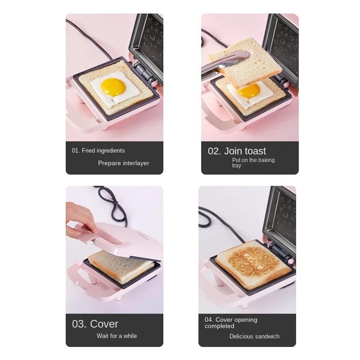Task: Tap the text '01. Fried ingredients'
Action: tap(99, 151)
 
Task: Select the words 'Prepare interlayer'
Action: tap(124, 163)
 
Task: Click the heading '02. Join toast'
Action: tap(237, 151)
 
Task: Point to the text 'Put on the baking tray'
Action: tap(253, 163)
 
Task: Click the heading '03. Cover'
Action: tap(95, 324)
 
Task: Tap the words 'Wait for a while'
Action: tap(117, 336)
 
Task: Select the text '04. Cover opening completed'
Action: tap(231, 323)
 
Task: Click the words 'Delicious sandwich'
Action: tap(254, 336)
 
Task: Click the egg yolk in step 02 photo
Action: tap(249, 91)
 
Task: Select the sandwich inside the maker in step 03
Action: tap(117, 266)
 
